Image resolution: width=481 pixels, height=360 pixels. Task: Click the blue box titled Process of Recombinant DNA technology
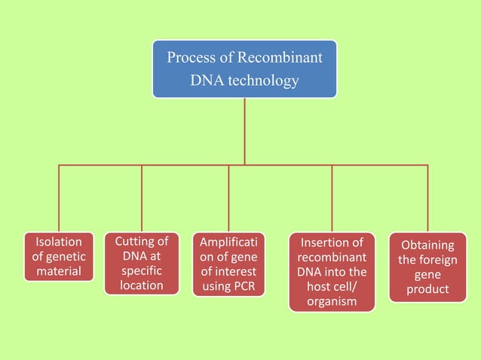[244, 69]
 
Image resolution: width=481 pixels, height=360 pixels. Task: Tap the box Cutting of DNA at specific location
[142, 264]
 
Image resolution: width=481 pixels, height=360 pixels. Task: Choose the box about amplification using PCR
[228, 264]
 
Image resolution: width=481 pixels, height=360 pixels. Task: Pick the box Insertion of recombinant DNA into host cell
[332, 272]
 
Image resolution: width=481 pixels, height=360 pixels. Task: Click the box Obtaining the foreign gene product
[427, 267]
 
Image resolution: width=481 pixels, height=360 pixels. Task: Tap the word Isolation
[59, 243]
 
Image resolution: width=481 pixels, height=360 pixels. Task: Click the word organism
[332, 302]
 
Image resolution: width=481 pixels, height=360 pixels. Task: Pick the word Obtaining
[427, 246]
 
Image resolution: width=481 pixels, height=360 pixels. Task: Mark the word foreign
[439, 261]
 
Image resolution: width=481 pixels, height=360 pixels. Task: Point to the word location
[142, 285]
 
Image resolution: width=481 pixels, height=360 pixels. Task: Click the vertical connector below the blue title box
[244, 131]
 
